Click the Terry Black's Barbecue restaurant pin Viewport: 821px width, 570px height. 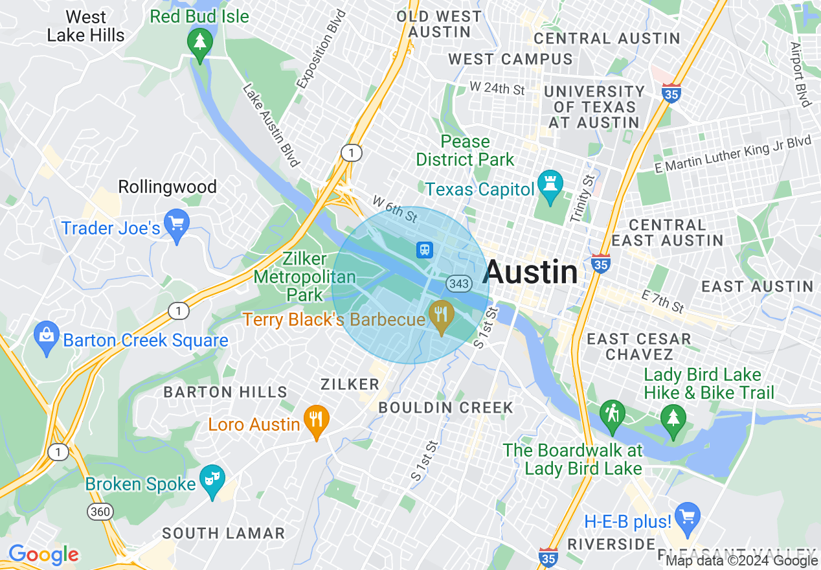(441, 316)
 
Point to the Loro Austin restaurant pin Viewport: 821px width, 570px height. (316, 420)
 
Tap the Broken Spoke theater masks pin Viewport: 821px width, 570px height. (212, 480)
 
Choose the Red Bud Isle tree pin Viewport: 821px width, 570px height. (199, 43)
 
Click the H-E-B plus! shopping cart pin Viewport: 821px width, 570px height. (686, 517)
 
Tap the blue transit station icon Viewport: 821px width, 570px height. (425, 249)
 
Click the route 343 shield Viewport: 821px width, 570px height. (458, 284)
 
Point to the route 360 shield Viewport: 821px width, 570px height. (100, 512)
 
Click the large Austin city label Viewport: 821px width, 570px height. (530, 272)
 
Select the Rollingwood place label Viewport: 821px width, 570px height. (167, 187)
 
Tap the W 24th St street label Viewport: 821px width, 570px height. (497, 88)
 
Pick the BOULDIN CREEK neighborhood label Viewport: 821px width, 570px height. (445, 407)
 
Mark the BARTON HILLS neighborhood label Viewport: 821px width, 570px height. (225, 392)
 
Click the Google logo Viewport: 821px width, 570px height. (43, 554)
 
